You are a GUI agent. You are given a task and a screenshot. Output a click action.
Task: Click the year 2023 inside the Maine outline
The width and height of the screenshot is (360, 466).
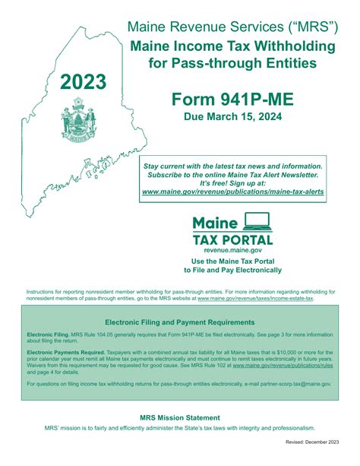pos(84,81)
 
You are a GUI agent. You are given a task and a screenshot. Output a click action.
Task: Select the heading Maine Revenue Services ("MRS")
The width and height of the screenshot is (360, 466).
pos(232,27)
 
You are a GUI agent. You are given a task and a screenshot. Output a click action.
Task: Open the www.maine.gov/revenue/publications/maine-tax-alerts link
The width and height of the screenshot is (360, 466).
pos(232,192)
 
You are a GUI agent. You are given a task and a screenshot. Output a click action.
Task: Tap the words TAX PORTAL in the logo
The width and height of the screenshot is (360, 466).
pos(232,239)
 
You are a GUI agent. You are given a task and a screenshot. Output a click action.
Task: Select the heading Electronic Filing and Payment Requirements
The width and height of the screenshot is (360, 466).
pos(179,322)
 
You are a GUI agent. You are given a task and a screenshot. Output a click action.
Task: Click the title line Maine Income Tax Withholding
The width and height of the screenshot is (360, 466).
pos(232,46)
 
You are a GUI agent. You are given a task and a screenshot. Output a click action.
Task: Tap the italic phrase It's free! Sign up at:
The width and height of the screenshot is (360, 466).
pos(232,183)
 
